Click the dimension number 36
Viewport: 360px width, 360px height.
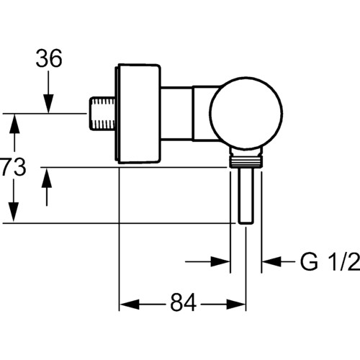49,58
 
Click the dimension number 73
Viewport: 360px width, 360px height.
13,167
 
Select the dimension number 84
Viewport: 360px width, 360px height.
184,302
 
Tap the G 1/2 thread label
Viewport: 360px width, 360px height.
330,261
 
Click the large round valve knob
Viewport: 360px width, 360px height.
246,113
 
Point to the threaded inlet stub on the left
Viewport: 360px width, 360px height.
102,113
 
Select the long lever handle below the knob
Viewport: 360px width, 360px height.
246,196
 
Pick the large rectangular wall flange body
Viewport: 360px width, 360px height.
138,114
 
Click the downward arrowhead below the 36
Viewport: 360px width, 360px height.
48,104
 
